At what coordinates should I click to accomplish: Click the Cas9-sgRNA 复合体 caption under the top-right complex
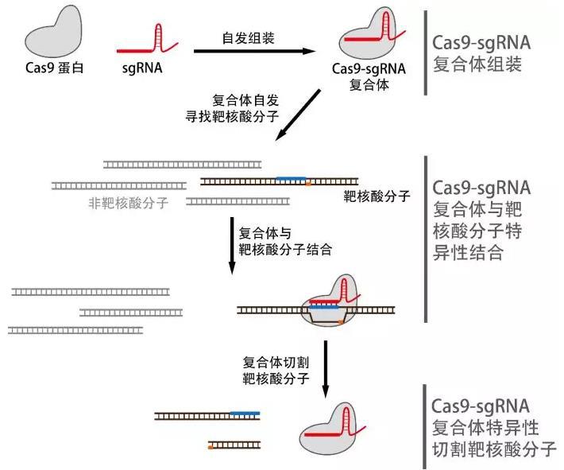[x=369, y=76]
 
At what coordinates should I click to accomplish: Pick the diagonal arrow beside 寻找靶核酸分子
[x=297, y=116]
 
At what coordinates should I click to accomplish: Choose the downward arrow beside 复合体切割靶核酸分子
[x=326, y=367]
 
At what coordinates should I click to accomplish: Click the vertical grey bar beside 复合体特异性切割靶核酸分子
[x=424, y=425]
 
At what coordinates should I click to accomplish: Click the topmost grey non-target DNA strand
[x=182, y=165]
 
